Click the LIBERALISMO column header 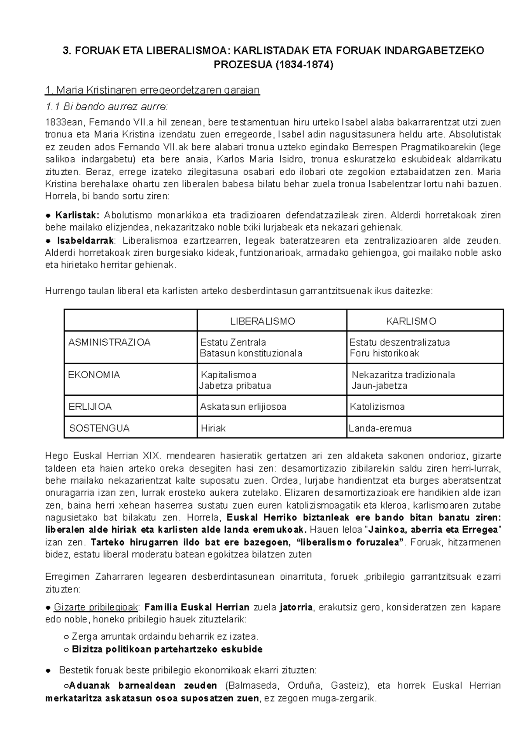click(x=263, y=321)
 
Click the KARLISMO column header click(x=411, y=321)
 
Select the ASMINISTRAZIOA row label click(x=109, y=342)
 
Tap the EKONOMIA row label click(x=94, y=375)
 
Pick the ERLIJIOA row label click(x=90, y=406)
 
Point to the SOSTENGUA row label click(x=99, y=428)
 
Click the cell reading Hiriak click(x=213, y=428)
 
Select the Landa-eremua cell click(x=380, y=428)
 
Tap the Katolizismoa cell click(x=377, y=406)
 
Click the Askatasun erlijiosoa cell click(x=243, y=406)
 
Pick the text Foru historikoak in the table click(x=384, y=353)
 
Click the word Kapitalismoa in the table click(x=228, y=375)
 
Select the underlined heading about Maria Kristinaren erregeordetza click(x=152, y=90)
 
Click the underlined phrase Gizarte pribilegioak click(x=96, y=607)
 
